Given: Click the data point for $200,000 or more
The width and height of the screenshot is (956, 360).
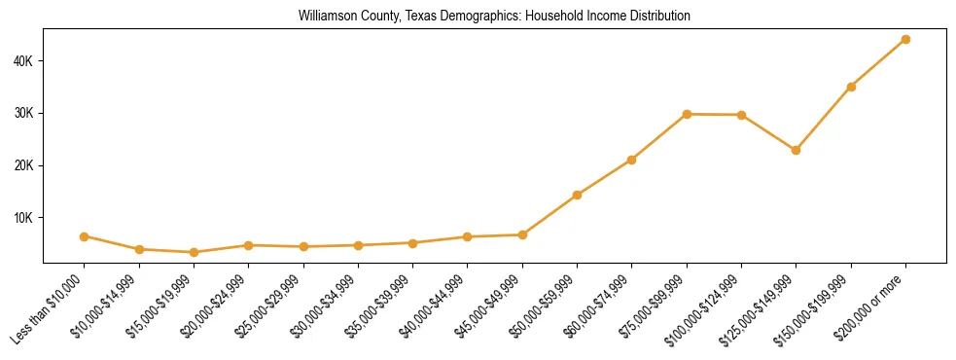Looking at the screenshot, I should pyautogui.click(x=905, y=39).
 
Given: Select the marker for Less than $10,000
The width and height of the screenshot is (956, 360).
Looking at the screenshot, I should pyautogui.click(x=85, y=236).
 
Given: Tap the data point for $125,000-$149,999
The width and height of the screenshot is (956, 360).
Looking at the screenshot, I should pyautogui.click(x=796, y=150).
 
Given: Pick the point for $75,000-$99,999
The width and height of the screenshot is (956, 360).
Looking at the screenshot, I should pyautogui.click(x=687, y=114).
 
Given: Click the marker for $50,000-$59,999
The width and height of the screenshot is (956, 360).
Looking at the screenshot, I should pyautogui.click(x=577, y=195).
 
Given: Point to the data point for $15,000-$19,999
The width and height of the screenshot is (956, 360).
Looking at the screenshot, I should pyautogui.click(x=194, y=252).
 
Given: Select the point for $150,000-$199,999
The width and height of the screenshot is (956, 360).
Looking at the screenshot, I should pyautogui.click(x=851, y=87).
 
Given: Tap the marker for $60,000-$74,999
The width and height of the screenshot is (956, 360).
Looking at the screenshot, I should pyautogui.click(x=632, y=160).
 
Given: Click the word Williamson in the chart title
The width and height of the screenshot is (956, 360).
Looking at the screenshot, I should pyautogui.click(x=326, y=17).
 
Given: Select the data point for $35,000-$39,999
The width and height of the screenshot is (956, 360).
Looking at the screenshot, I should pyautogui.click(x=412, y=242).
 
